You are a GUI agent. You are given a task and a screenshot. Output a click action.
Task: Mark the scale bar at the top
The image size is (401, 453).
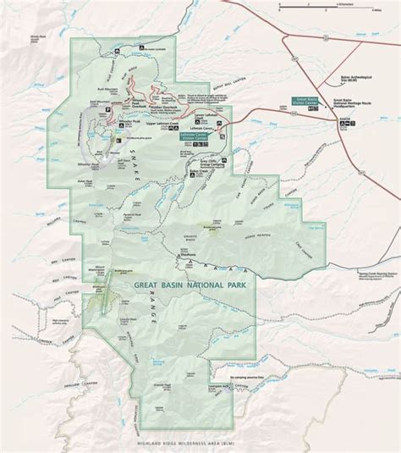(313, 5)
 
